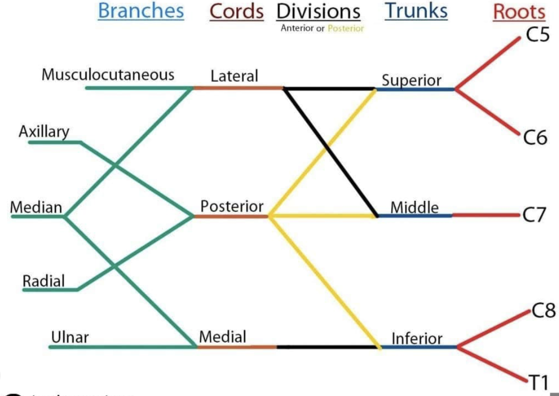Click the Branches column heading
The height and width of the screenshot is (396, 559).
click(x=141, y=11)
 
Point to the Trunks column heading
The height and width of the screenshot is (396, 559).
click(x=416, y=11)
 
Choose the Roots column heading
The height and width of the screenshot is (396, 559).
click(x=519, y=12)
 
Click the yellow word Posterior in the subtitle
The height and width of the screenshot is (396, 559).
click(x=346, y=28)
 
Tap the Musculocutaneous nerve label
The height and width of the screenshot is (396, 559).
click(x=108, y=75)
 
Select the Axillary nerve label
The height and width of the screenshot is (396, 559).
click(x=44, y=131)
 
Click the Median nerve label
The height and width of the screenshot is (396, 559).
click(x=36, y=207)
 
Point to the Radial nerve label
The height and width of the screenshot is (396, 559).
click(x=44, y=281)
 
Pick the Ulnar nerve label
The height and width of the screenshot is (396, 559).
click(x=69, y=337)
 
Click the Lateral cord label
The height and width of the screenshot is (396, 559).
click(x=234, y=76)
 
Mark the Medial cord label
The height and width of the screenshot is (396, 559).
click(x=223, y=337)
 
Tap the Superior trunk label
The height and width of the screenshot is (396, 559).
click(x=411, y=80)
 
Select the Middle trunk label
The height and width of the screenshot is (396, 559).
click(x=414, y=207)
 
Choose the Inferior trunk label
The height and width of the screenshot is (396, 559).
click(x=417, y=338)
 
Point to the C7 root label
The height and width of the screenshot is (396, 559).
click(x=534, y=215)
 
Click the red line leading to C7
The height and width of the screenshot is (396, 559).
click(x=485, y=215)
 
